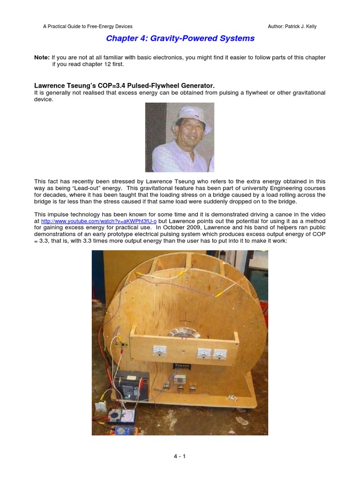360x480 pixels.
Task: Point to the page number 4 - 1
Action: (x=180, y=456)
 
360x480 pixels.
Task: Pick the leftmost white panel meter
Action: (x=160, y=350)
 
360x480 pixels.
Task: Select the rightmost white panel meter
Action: (x=219, y=353)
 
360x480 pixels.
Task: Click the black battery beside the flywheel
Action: (x=132, y=384)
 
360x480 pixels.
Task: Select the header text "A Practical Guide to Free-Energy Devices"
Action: (x=88, y=27)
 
